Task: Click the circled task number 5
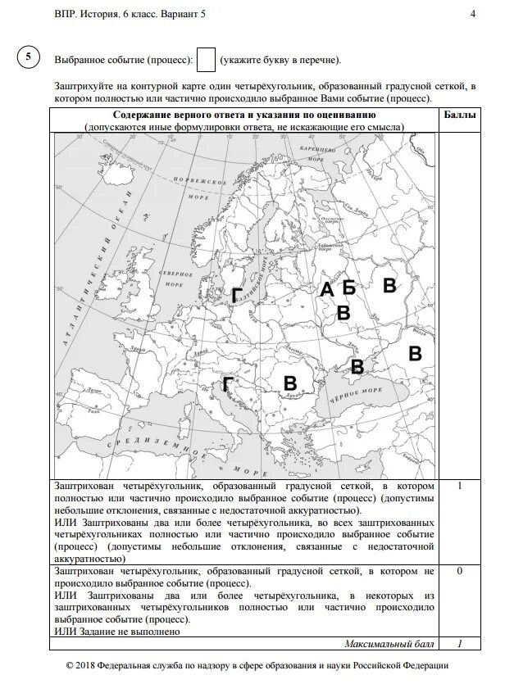coord(29,57)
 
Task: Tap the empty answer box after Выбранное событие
coord(207,59)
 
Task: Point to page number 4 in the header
coord(473,14)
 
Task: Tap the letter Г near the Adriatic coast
coord(228,385)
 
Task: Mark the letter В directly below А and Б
coord(343,312)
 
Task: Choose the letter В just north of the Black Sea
coord(357,365)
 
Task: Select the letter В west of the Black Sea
coord(289,383)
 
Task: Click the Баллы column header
coord(459,116)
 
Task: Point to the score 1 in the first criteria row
coord(460,486)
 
